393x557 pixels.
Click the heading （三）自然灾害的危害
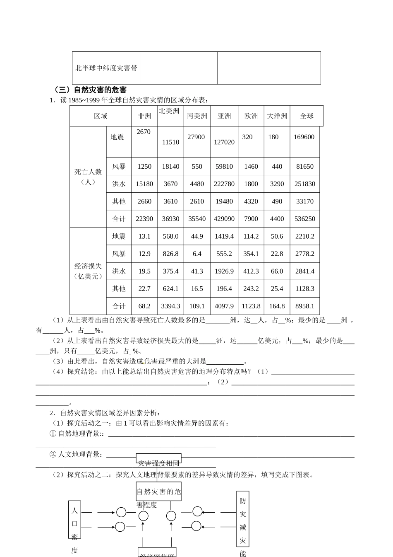tap(90, 90)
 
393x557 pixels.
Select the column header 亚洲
tap(224, 116)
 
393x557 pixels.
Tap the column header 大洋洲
tap(277, 116)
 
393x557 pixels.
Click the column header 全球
tap(307, 116)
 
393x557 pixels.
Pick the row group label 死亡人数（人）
tap(88, 177)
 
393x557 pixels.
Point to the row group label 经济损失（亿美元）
tap(88, 271)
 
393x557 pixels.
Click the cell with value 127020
tap(224, 142)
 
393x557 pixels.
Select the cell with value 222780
tap(224, 184)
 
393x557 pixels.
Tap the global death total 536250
tap(304, 219)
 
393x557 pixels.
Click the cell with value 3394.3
tap(170, 306)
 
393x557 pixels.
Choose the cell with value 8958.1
tap(304, 306)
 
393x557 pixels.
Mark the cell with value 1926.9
tap(224, 271)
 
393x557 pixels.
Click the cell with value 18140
tap(170, 167)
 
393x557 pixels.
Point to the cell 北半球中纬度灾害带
tap(106, 68)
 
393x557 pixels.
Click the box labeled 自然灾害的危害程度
tap(159, 492)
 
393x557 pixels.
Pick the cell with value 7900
tap(251, 219)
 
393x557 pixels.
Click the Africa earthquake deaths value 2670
tap(144, 132)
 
